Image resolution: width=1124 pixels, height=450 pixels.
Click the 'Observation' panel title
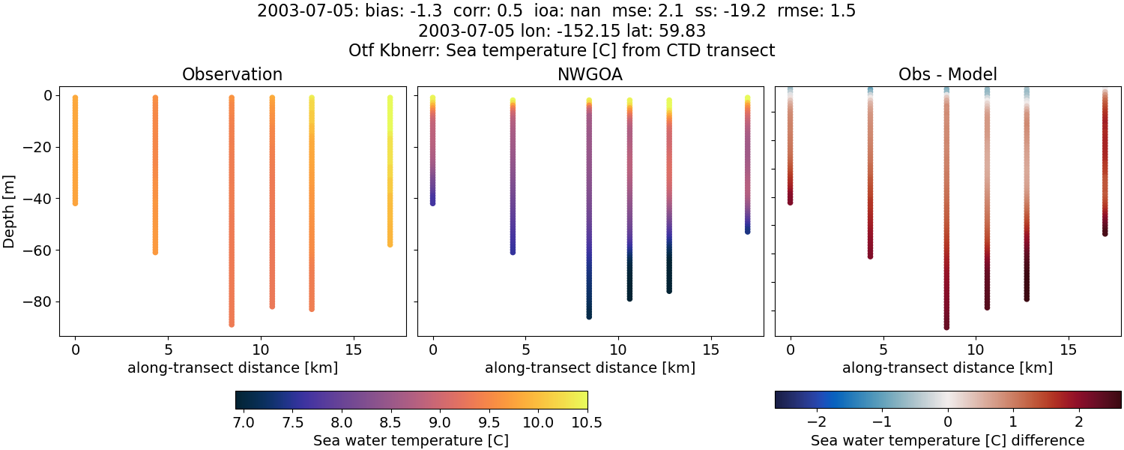coord(232,74)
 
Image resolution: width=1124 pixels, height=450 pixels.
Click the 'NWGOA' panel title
coord(590,74)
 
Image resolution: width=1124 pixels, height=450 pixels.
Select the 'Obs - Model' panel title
coord(947,74)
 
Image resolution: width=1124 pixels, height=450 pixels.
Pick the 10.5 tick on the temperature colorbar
coord(587,422)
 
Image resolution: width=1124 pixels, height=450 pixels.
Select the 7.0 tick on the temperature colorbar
coord(244,422)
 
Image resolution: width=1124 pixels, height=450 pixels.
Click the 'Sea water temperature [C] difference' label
coord(947,440)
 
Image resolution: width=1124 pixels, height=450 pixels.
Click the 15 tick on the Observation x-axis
coord(352,349)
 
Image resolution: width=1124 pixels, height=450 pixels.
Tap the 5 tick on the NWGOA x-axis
coord(526,349)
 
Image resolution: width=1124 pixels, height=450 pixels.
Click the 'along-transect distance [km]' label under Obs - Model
coord(947,367)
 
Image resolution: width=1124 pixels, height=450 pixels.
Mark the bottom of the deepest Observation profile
coord(232,324)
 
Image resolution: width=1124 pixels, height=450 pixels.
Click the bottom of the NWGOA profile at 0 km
coord(433,202)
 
